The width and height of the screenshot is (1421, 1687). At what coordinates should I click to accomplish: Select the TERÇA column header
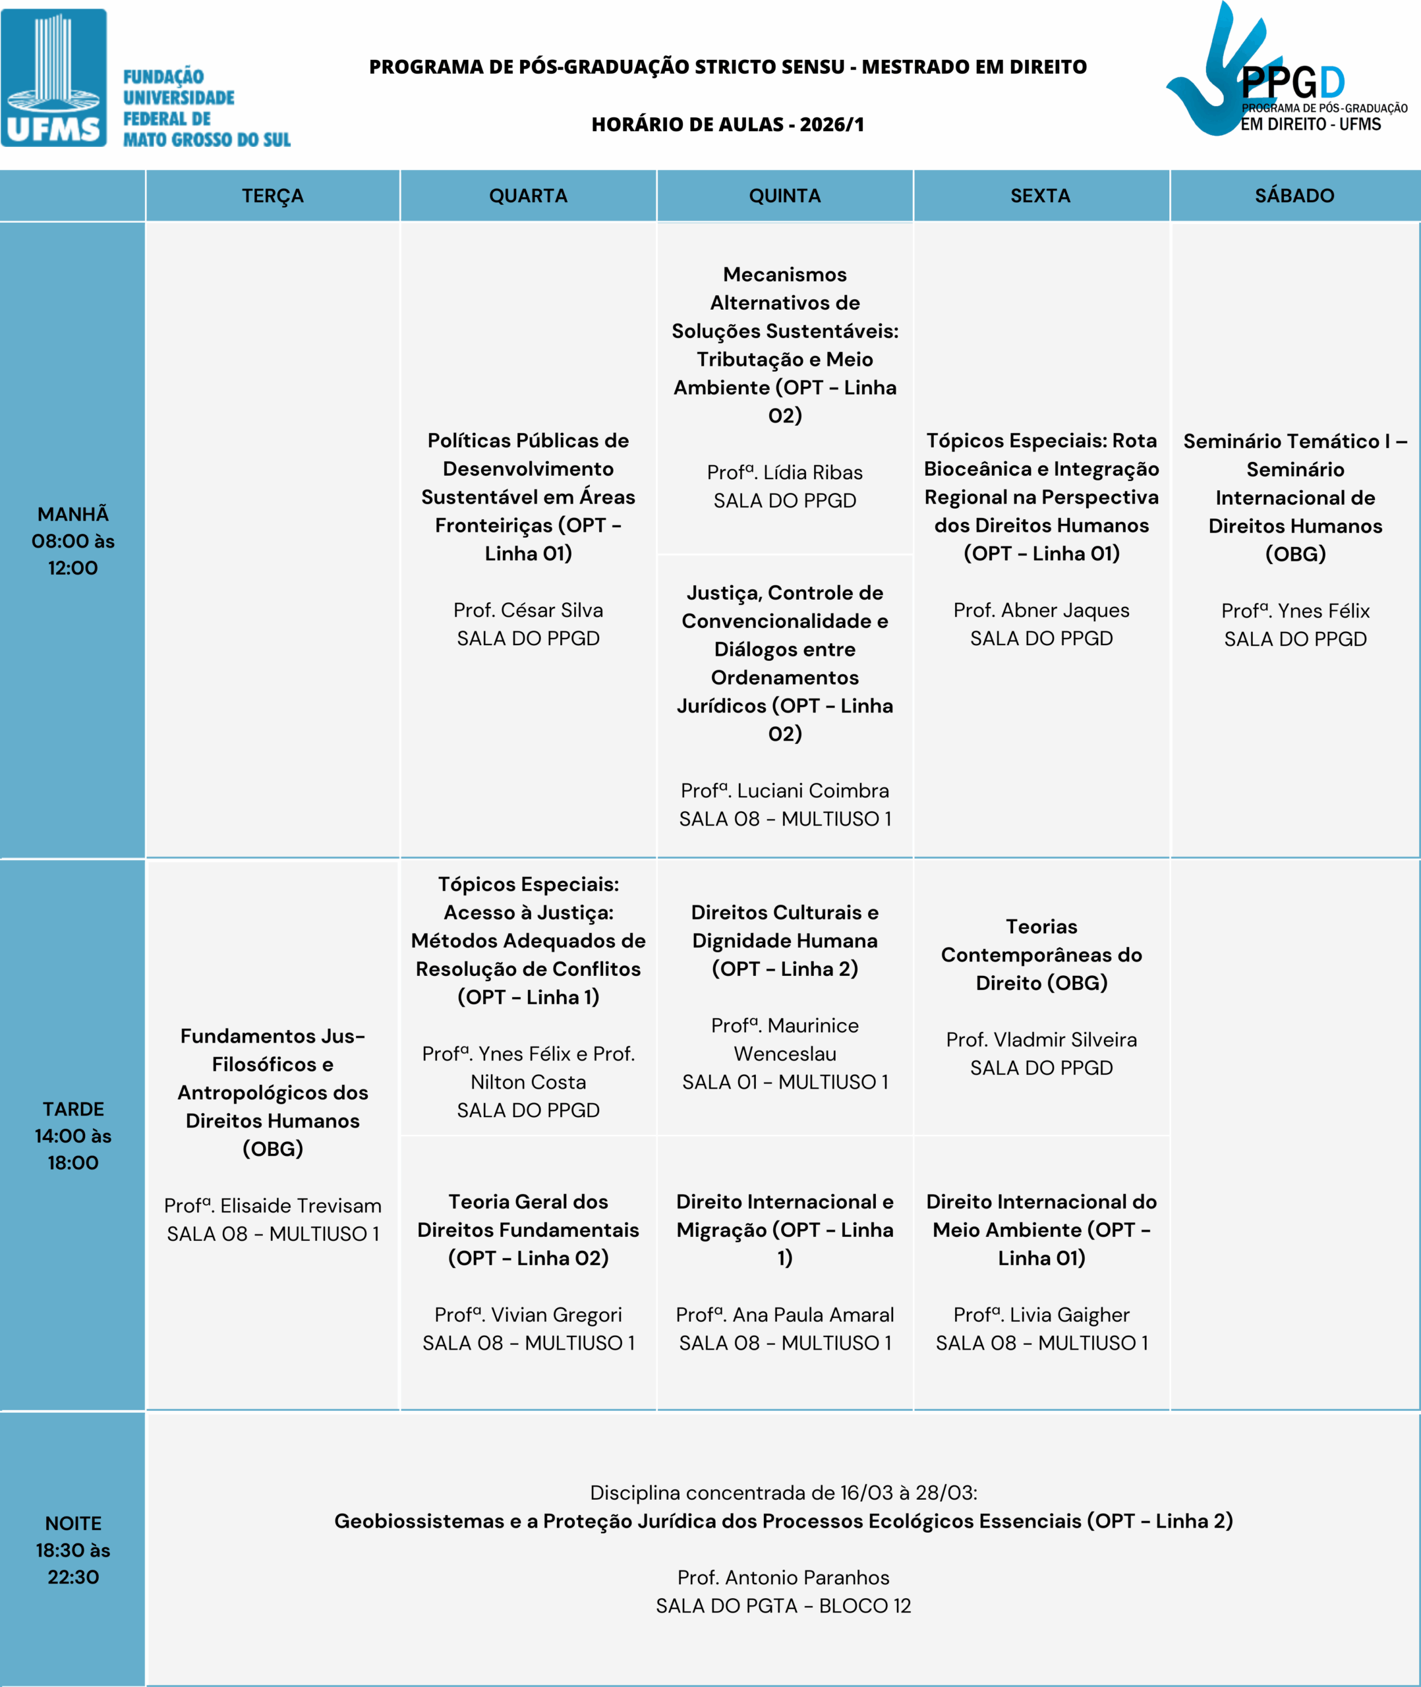[x=272, y=196]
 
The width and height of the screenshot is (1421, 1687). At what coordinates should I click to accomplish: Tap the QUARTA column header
[x=528, y=196]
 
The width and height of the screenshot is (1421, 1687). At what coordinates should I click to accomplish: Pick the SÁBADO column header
[x=1294, y=196]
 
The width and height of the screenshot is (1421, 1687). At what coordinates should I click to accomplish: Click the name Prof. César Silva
[x=528, y=610]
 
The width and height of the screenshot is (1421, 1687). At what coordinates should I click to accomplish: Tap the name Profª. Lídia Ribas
[x=784, y=472]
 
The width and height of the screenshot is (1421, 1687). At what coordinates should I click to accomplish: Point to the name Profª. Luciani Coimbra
[x=784, y=790]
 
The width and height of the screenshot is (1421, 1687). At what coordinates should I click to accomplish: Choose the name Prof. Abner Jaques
[x=1041, y=610]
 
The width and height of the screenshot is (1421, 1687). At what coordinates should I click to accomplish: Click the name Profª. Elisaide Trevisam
[x=272, y=1205]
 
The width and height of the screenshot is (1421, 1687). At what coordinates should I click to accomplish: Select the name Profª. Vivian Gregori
[x=528, y=1314]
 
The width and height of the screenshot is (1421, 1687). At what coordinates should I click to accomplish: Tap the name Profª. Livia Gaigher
[x=1041, y=1314]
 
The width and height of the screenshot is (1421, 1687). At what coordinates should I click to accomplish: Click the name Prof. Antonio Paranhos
[x=783, y=1577]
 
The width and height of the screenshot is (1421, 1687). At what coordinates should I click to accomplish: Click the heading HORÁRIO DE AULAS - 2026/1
[x=728, y=124]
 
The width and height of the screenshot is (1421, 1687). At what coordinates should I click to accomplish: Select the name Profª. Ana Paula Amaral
[x=784, y=1314]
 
